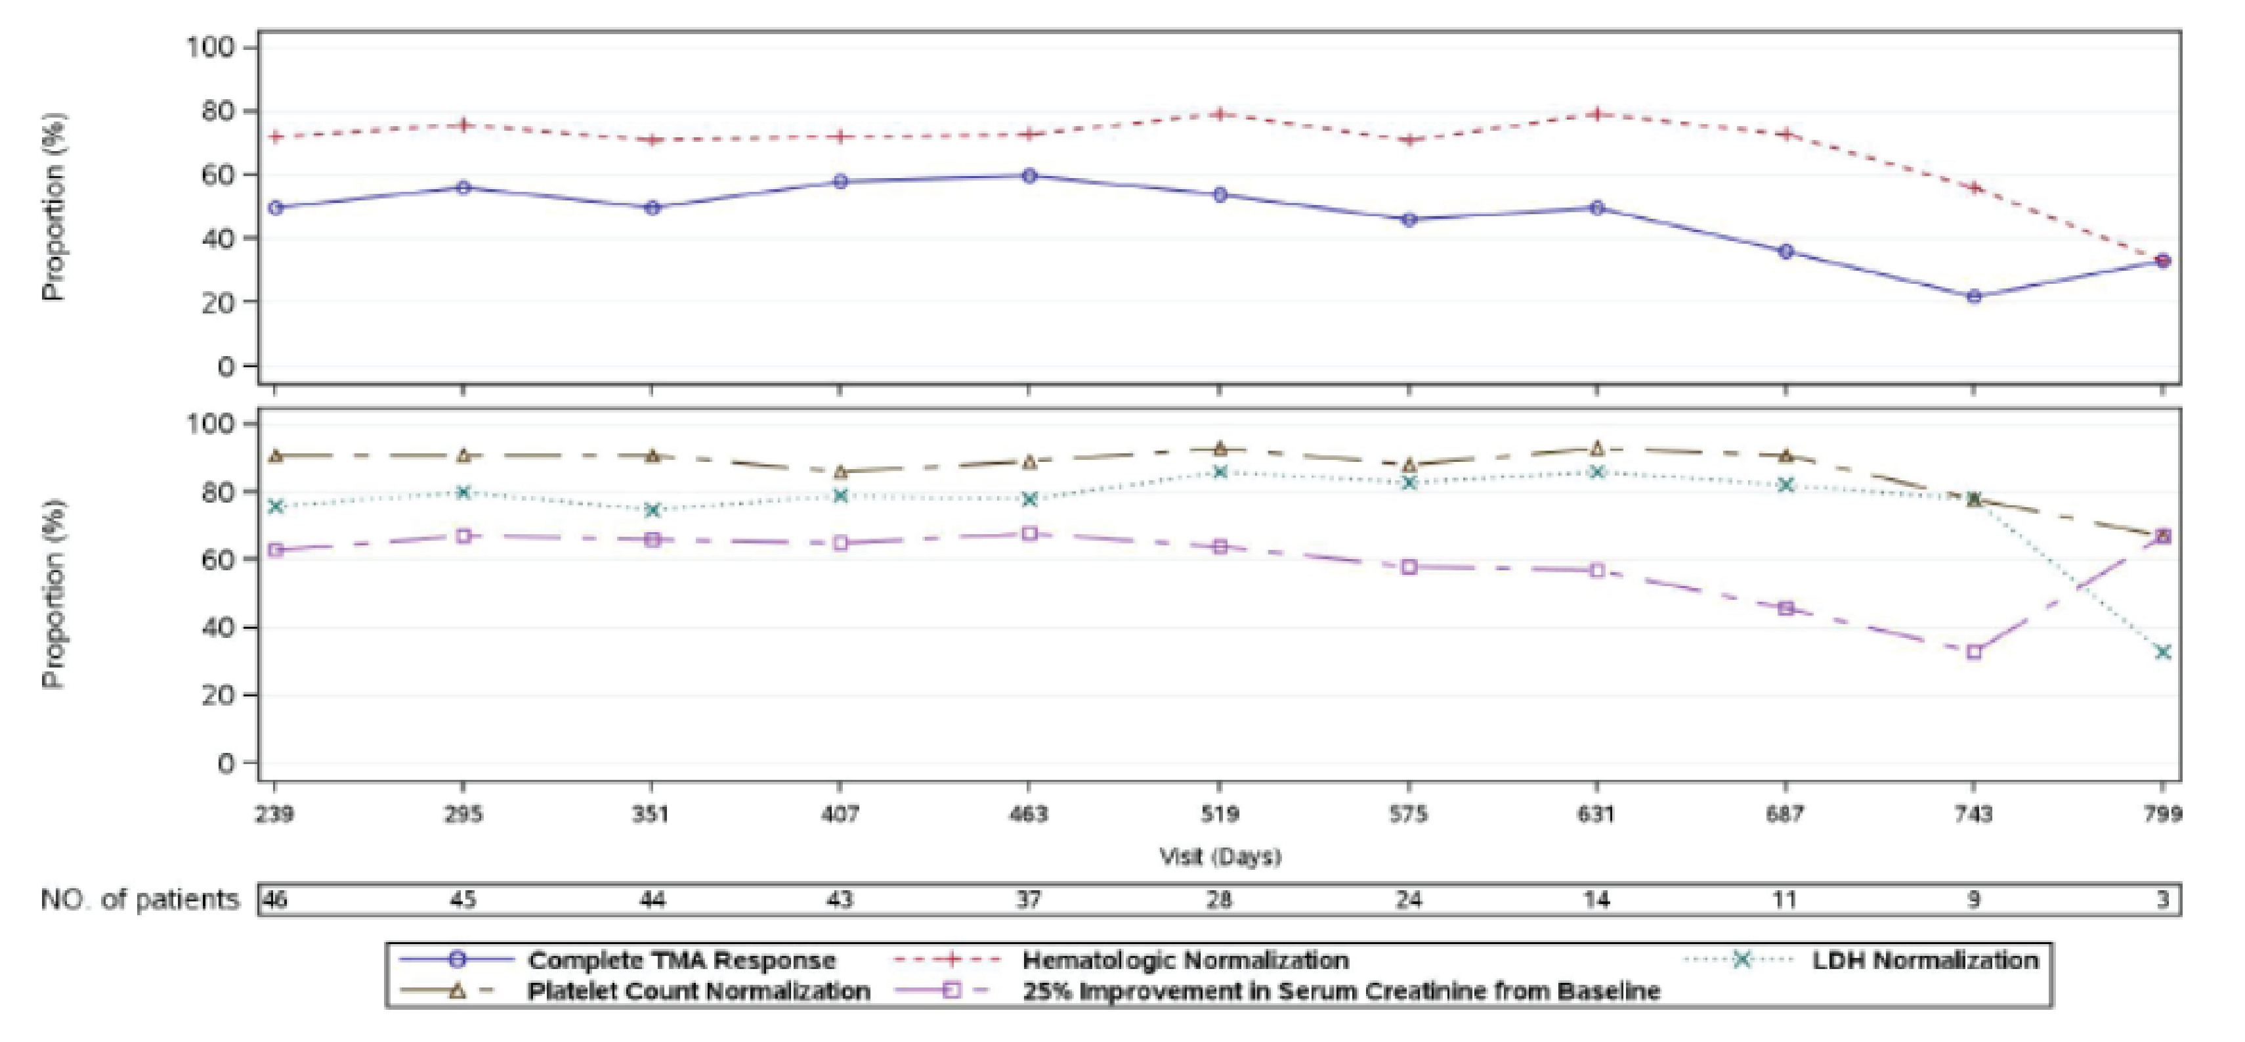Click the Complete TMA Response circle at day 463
1029,176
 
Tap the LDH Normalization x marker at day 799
2162,652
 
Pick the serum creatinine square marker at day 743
1974,652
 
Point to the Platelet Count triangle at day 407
841,472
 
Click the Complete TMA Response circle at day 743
1974,296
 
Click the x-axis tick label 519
1219,815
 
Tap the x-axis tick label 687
1785,815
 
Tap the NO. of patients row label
139,899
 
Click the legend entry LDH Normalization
1924,960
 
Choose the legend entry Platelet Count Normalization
698,991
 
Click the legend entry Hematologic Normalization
1186,960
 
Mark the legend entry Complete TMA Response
681,960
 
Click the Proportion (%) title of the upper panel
54,207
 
